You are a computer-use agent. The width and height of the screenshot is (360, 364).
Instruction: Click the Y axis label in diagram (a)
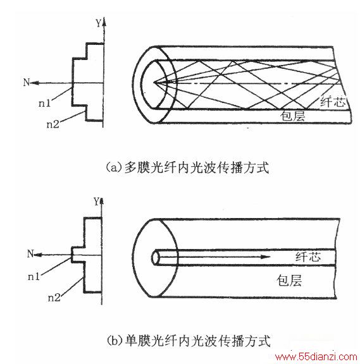99,23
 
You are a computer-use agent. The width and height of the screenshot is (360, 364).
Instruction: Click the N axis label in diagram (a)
27,82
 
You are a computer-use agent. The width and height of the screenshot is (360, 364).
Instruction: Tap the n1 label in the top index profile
44,103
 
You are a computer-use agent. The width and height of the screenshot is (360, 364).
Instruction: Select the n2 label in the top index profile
53,124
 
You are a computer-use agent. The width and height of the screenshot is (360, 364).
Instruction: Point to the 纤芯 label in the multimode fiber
333,102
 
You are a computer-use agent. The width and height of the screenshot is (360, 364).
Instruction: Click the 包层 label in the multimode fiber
292,116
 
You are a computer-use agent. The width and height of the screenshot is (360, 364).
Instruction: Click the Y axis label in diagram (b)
96,201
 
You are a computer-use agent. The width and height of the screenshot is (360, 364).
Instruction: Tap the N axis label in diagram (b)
30,254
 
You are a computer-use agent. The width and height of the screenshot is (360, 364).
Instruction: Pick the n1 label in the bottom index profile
34,277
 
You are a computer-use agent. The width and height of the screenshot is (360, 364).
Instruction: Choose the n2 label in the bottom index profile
54,298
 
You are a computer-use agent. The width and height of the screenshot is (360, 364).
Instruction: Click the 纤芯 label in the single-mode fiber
308,257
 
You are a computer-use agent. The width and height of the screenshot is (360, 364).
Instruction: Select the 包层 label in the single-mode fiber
289,281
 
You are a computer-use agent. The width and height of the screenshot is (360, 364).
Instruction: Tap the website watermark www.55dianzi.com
316,356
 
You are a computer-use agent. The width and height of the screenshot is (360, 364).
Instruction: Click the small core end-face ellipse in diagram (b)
156,257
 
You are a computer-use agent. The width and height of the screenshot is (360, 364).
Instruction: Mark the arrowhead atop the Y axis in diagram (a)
104,21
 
